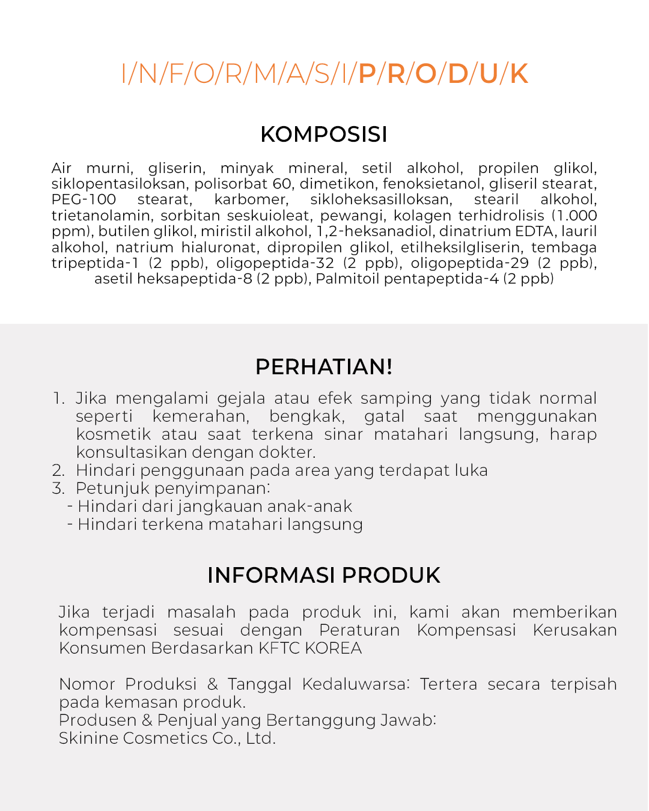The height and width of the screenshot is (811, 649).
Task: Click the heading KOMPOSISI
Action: [324, 135]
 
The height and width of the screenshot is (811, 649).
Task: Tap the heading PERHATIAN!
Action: [324, 366]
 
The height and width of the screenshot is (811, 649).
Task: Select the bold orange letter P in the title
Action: [367, 74]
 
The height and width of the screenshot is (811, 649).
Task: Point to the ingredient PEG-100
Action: [84, 199]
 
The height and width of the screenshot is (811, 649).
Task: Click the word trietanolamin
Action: [101, 216]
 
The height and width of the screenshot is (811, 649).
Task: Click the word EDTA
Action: [534, 231]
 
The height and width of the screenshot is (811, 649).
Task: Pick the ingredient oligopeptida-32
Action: [275, 263]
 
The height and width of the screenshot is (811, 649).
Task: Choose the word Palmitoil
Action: [347, 279]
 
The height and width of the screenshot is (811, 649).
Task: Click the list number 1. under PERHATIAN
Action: [58, 398]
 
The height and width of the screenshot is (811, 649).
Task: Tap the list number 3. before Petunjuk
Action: [58, 488]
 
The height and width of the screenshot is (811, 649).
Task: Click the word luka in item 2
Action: [471, 470]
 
